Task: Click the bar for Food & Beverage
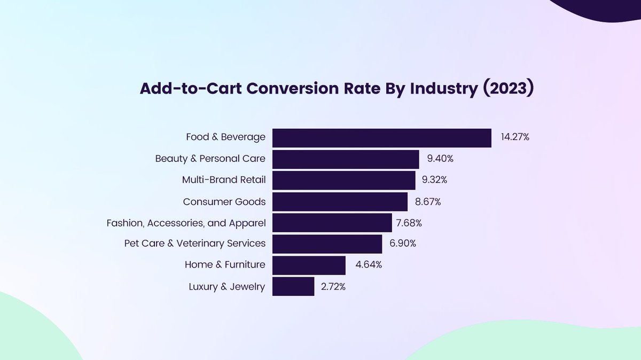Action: pos(381,138)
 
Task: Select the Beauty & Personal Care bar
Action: pos(346,159)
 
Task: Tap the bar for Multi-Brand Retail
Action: pos(343,180)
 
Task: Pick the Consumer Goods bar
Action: pos(340,201)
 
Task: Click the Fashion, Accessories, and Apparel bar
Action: pos(332,222)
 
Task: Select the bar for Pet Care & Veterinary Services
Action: pos(327,244)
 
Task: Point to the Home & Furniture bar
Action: pos(309,265)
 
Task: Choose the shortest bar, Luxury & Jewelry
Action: pos(293,286)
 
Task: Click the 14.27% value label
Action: pos(515,137)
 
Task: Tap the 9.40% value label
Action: pos(440,159)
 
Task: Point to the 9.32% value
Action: pos(434,180)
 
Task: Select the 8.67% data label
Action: pos(427,201)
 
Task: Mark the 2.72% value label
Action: pos(333,287)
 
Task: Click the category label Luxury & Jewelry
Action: pos(226,287)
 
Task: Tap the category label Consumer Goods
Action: pos(224,201)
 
